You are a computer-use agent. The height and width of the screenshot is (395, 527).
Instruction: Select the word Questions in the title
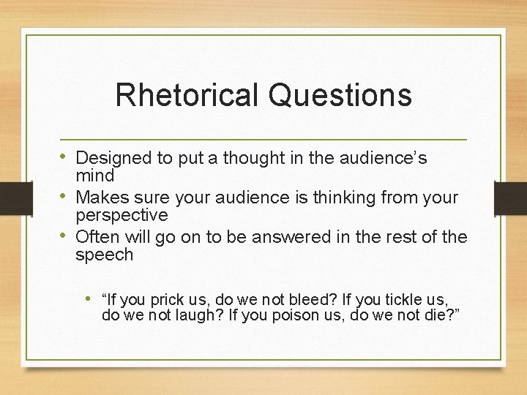340,95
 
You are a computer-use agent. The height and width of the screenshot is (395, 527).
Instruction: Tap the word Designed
108,158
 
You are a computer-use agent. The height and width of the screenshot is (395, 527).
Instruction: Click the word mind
95,176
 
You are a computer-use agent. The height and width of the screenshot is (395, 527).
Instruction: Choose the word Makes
99,197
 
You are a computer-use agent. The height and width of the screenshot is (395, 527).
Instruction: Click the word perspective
122,216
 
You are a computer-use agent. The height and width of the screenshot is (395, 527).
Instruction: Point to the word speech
105,255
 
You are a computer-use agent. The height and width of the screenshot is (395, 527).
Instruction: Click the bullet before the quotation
88,298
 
